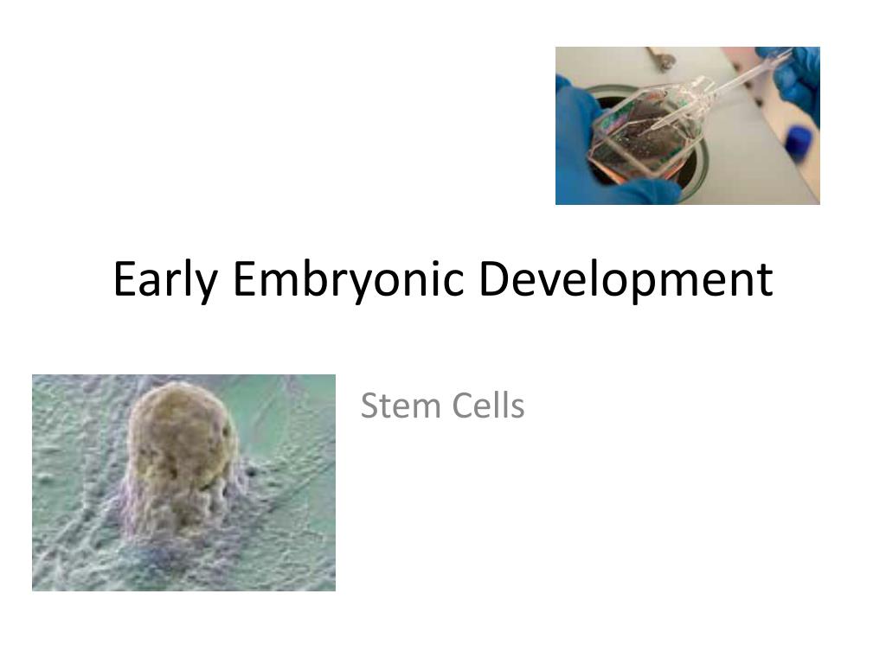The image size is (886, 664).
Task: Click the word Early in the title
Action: point(164,280)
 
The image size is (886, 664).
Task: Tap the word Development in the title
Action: point(626,280)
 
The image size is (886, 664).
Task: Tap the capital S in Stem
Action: point(369,405)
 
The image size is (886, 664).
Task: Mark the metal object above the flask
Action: point(662,59)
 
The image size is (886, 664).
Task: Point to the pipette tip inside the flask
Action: point(658,125)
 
